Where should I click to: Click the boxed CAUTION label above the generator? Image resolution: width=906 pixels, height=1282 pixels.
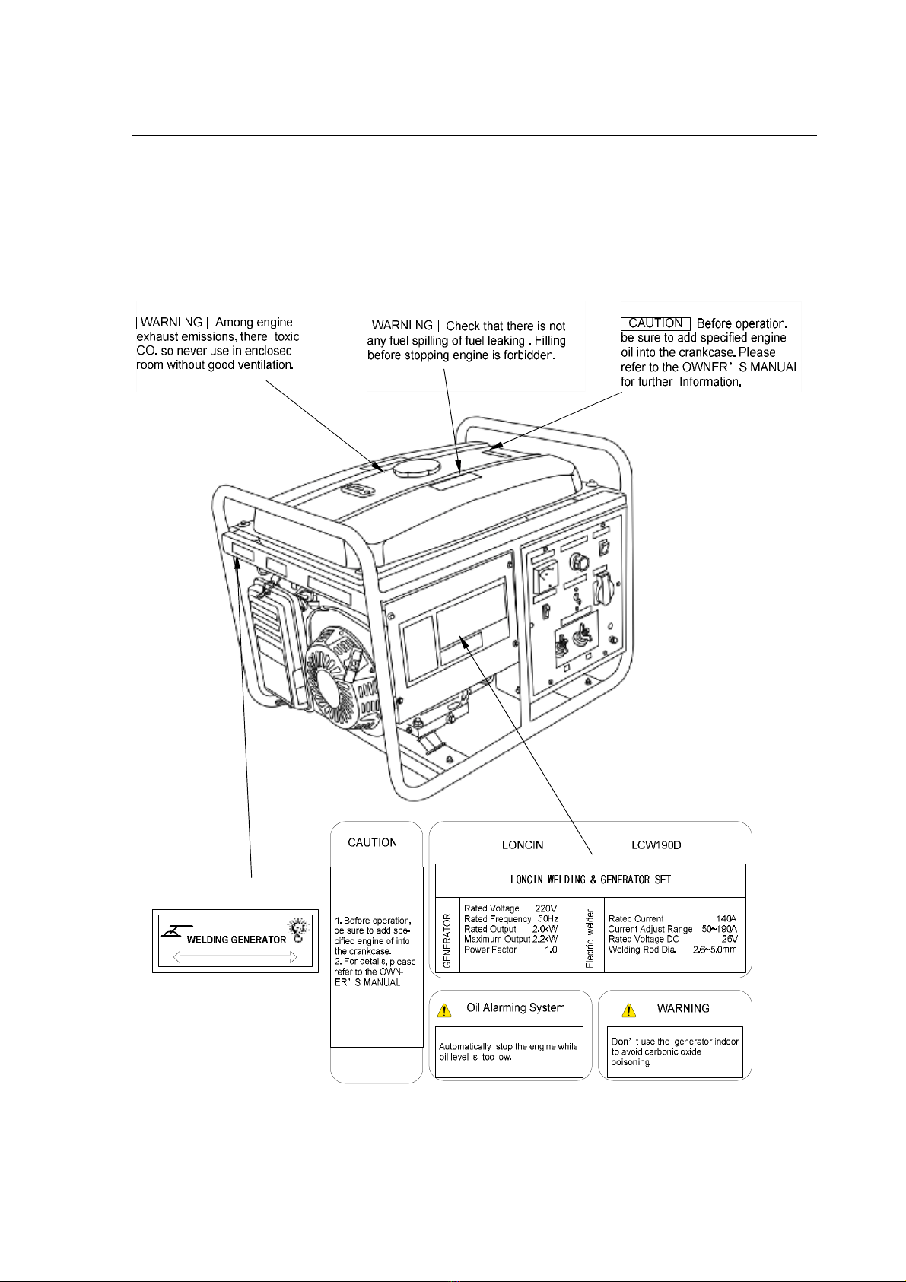click(656, 323)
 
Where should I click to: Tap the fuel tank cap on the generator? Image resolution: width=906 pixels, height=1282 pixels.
click(418, 466)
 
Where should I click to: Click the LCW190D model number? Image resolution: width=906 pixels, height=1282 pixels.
click(656, 845)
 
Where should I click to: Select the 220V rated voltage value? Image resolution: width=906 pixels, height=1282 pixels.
click(545, 908)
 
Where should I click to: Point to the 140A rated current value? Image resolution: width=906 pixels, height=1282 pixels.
click(726, 919)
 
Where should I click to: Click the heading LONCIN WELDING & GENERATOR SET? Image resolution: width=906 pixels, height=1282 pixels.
click(590, 880)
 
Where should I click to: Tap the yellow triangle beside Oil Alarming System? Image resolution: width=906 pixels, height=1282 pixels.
click(444, 1010)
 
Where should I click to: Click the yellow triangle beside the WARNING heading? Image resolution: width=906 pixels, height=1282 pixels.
click(629, 1010)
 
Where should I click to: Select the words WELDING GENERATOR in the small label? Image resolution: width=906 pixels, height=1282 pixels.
click(237, 940)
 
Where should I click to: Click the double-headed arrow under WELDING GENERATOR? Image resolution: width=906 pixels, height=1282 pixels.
click(234, 957)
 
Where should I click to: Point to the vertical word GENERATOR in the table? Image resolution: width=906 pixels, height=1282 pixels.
click(447, 940)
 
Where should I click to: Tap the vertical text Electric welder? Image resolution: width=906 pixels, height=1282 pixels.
click(590, 939)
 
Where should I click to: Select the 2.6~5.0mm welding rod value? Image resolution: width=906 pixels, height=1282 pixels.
click(714, 950)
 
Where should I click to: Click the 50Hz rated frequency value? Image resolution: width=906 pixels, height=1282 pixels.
click(548, 919)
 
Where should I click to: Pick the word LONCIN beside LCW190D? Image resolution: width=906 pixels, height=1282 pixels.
click(523, 845)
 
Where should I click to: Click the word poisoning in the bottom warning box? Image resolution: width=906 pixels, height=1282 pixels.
click(631, 1062)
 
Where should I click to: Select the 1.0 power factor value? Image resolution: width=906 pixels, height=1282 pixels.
click(551, 950)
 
